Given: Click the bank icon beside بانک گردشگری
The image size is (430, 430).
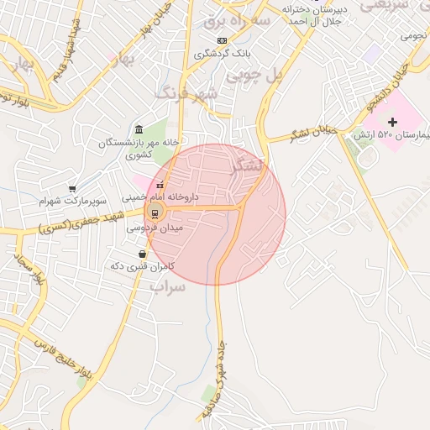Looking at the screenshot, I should pyautogui.click(x=222, y=40).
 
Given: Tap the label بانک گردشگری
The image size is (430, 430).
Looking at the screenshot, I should pyautogui.click(x=223, y=54).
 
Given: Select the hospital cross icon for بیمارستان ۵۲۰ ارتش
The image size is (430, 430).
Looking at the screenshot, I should pyautogui.click(x=392, y=123).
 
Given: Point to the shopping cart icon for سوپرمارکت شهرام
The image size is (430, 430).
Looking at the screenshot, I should pyautogui.click(x=73, y=189).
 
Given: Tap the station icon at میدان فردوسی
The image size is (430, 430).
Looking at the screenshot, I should pyautogui.click(x=155, y=212).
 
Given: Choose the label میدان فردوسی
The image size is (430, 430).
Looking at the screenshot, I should pyautogui.click(x=155, y=228).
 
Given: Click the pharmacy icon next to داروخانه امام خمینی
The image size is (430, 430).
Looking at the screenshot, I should pyautogui.click(x=160, y=186).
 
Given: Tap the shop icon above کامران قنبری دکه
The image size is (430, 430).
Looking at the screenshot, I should pyautogui.click(x=142, y=253).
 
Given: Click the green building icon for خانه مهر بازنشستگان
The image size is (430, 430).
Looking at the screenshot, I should pyautogui.click(x=139, y=128).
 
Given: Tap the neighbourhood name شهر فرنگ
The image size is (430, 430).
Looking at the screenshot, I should pyautogui.click(x=186, y=92).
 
